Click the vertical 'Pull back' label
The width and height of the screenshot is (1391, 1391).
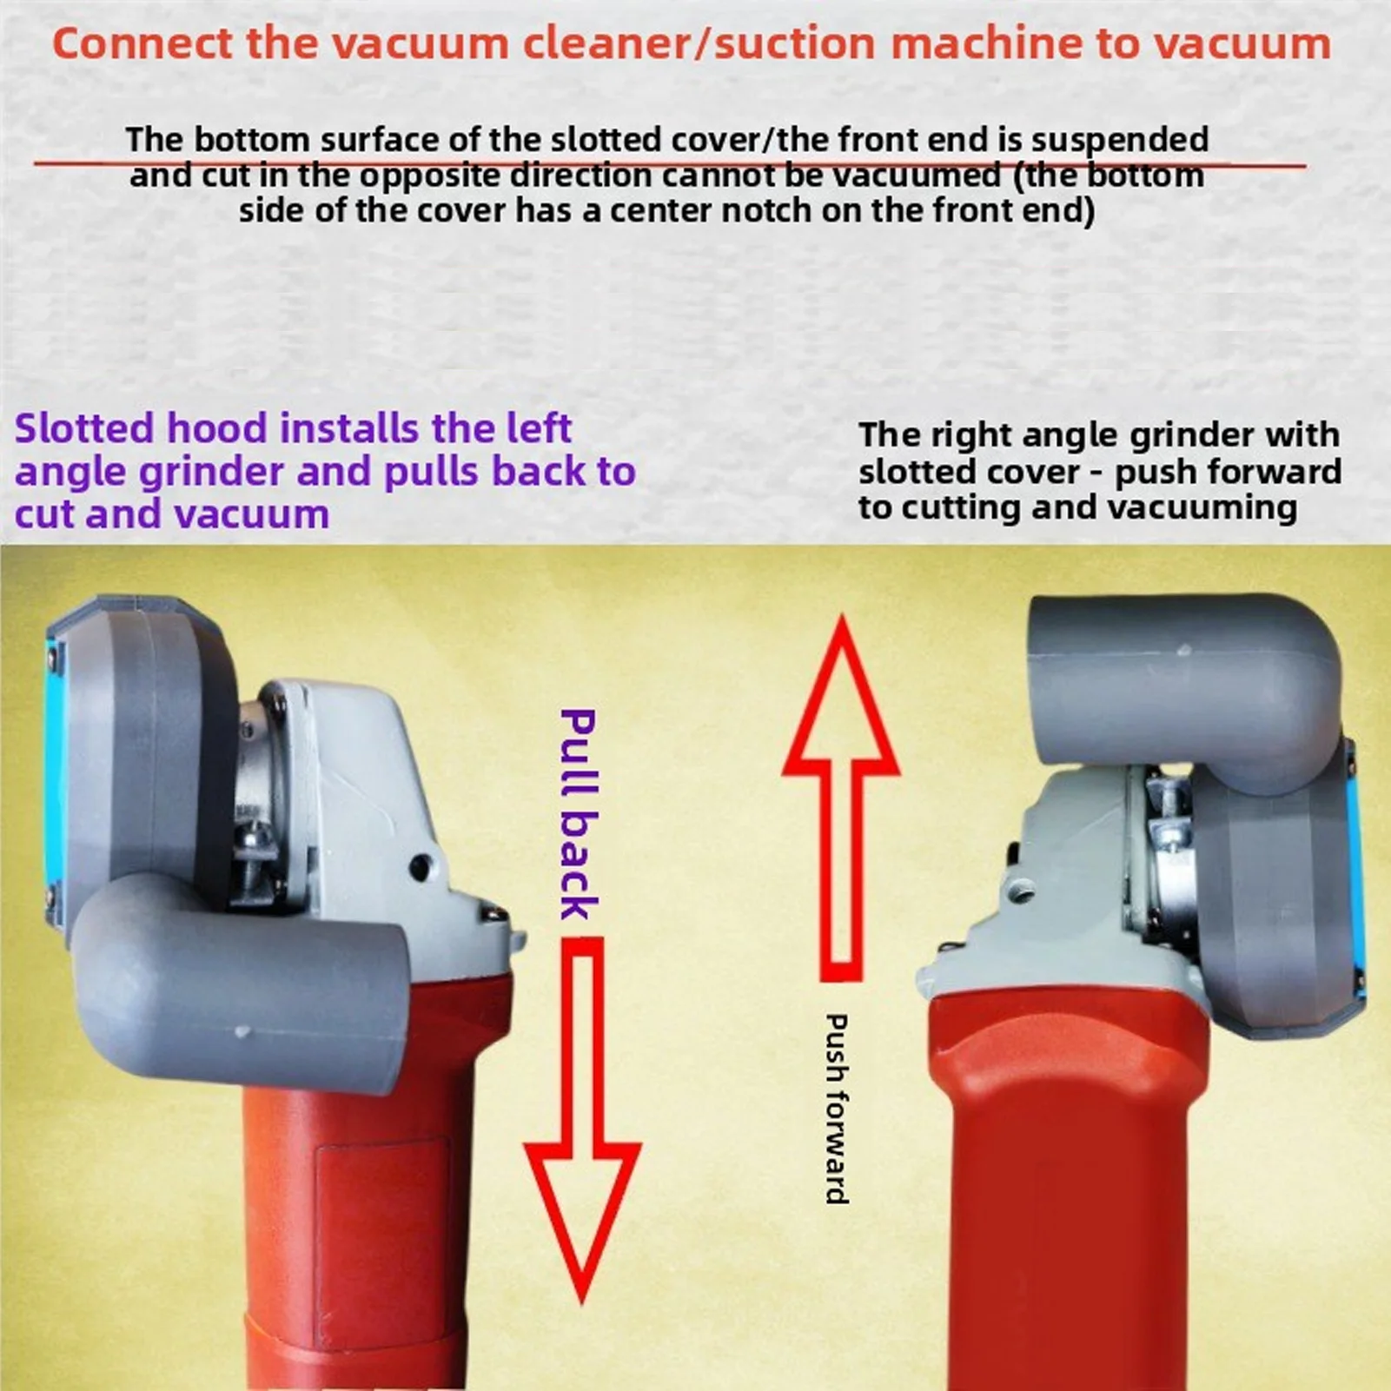click(578, 814)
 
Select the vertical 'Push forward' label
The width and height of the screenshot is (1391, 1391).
click(836, 1108)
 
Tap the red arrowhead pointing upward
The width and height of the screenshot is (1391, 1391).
click(840, 704)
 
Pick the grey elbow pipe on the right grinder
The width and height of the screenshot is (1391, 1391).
click(1182, 669)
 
